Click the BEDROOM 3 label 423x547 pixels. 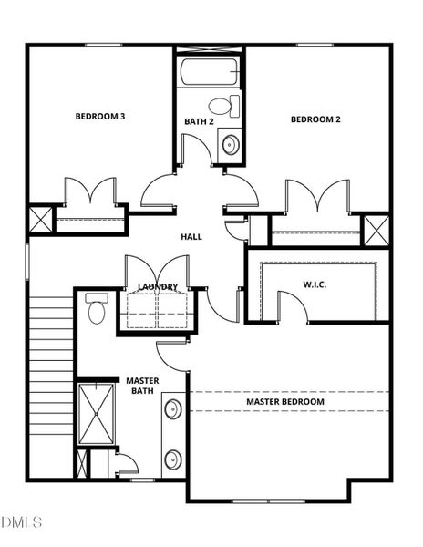pyautogui.click(x=99, y=117)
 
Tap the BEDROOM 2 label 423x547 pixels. pyautogui.click(x=315, y=119)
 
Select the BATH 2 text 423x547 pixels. pyautogui.click(x=198, y=121)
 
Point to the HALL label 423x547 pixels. pyautogui.click(x=191, y=237)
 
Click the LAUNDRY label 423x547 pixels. pyautogui.click(x=157, y=287)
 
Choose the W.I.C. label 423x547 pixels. pyautogui.click(x=315, y=284)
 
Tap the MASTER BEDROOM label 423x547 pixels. pyautogui.click(x=284, y=401)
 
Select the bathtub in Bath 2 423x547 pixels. pyautogui.click(x=210, y=73)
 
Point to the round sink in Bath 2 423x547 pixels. pyautogui.click(x=230, y=143)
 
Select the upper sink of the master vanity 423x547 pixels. pyautogui.click(x=172, y=408)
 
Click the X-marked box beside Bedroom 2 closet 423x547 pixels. pyautogui.click(x=377, y=229)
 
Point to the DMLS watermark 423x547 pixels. pyautogui.click(x=22, y=522)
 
